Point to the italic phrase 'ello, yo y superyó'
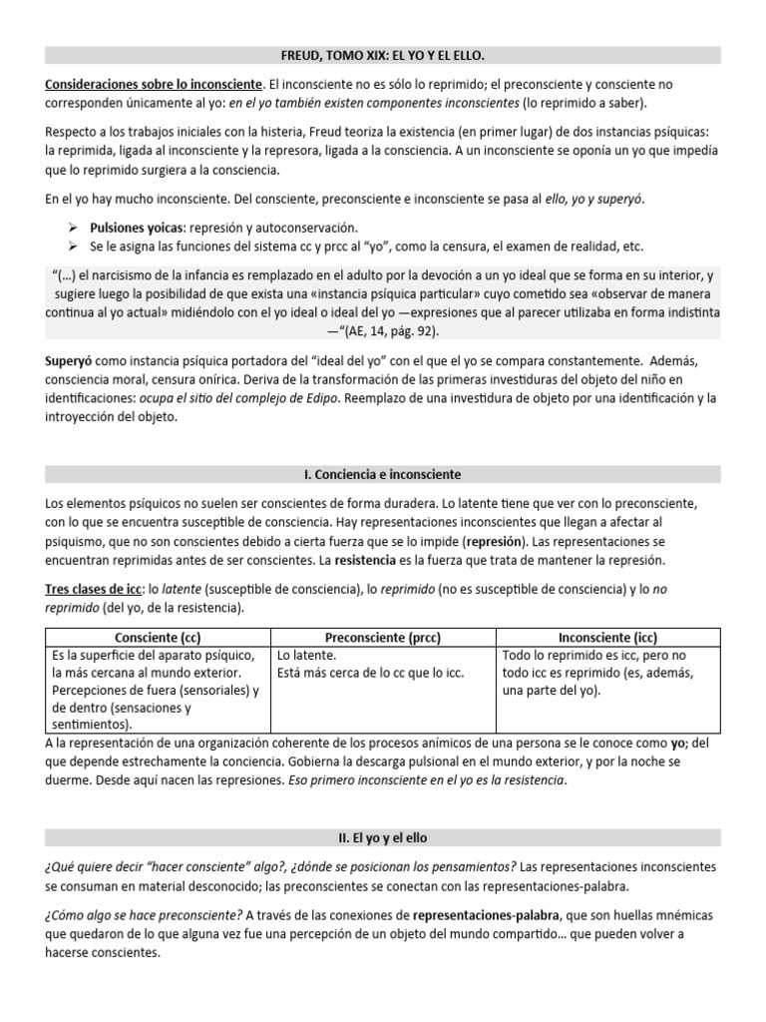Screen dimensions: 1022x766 coord(587,200)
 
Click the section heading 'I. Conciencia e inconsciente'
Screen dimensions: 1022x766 coord(383,474)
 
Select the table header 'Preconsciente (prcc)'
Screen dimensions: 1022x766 coord(384,637)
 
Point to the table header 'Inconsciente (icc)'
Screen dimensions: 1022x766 coord(607,637)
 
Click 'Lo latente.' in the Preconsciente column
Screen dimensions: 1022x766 coord(307,655)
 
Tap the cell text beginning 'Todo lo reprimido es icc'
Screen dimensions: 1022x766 coord(595,655)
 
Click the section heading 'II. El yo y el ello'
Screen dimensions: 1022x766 coord(383,836)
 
